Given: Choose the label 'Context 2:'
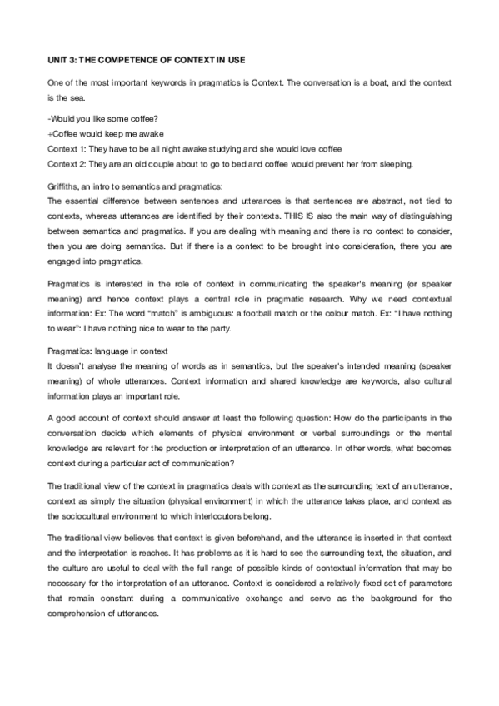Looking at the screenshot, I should tap(67, 162).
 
